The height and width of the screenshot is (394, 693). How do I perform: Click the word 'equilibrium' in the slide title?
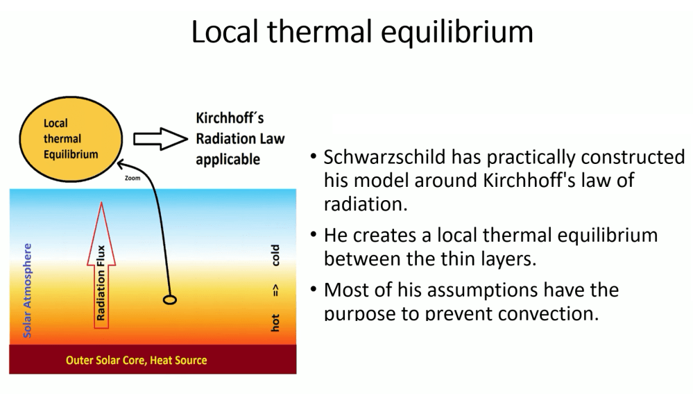click(x=457, y=33)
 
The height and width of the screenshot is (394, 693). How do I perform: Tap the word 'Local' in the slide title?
click(x=225, y=32)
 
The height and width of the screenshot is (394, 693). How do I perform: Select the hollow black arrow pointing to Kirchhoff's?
click(x=160, y=139)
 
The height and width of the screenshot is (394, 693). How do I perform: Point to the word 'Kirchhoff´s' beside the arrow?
click(x=230, y=118)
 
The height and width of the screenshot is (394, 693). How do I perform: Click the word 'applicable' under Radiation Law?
click(x=228, y=159)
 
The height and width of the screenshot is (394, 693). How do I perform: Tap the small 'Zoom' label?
click(x=132, y=178)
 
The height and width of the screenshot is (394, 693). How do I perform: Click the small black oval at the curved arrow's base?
click(x=170, y=300)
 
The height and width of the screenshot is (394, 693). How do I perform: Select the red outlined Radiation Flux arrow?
click(x=101, y=265)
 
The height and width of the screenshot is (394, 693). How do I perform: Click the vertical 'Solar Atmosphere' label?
click(x=28, y=290)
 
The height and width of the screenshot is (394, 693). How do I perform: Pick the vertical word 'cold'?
click(x=275, y=255)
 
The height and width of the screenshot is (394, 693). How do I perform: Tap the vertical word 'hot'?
click(x=275, y=322)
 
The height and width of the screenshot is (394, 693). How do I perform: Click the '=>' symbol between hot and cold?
click(x=275, y=290)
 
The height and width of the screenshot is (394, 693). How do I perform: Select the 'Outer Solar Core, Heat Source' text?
click(x=136, y=361)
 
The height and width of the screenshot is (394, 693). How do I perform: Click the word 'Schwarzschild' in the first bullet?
click(x=384, y=157)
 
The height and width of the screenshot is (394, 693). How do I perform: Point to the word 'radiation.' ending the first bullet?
click(x=366, y=204)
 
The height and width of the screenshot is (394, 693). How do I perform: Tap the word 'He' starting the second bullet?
click(x=335, y=235)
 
